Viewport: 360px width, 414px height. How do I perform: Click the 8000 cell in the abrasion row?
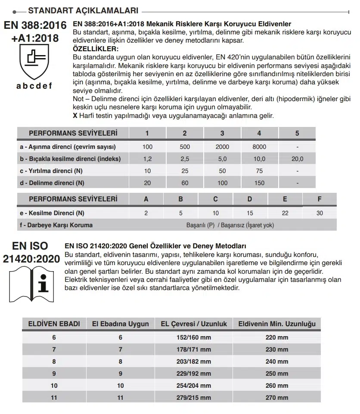coord(259,147)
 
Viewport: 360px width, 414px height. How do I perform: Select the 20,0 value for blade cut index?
coord(297,159)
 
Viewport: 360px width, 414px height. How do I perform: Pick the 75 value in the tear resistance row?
coord(259,171)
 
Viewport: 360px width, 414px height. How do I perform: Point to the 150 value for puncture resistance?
coord(259,183)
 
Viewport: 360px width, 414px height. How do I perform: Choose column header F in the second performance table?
coord(319,199)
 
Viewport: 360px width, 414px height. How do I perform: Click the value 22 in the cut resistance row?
coord(285,213)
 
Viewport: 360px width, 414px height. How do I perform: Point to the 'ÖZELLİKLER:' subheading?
coord(93,49)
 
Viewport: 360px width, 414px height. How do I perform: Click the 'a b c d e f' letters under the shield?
coord(34,86)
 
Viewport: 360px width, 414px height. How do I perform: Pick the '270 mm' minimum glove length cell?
coord(277,398)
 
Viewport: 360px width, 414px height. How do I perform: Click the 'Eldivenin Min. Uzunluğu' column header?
coord(277,324)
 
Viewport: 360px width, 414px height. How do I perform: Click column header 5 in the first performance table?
coord(297,133)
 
